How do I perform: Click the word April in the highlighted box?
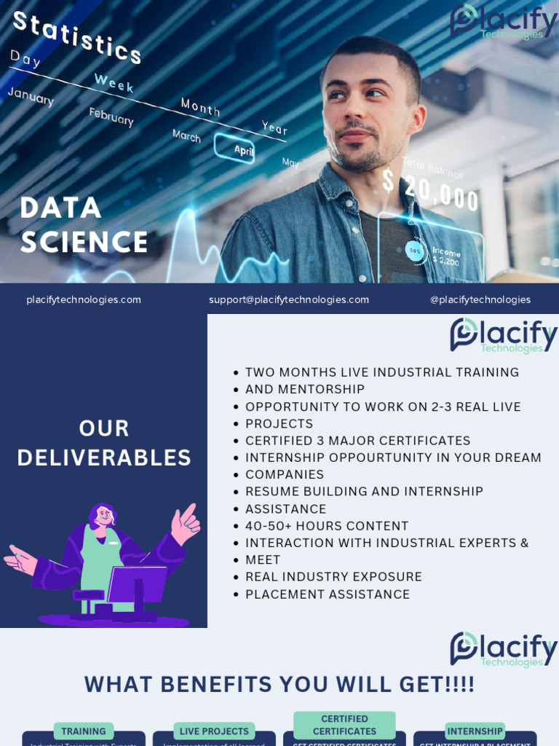click(x=243, y=150)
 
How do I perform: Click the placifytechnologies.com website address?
click(x=84, y=299)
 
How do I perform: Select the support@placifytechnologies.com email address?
click(x=289, y=299)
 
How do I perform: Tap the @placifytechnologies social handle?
click(x=480, y=299)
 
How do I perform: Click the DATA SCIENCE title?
click(x=84, y=225)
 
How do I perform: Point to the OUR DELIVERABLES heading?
click(x=104, y=443)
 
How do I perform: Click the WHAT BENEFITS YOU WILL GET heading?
click(x=279, y=685)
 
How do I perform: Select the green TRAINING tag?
click(x=84, y=731)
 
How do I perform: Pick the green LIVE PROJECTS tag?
click(x=214, y=731)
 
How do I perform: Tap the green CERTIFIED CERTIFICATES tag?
click(x=344, y=725)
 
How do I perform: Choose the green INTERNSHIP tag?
click(x=475, y=731)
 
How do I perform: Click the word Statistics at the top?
click(x=77, y=36)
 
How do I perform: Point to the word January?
click(x=31, y=95)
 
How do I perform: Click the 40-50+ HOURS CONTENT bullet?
click(x=327, y=526)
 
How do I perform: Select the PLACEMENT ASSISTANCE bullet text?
click(x=328, y=594)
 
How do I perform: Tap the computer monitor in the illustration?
click(x=138, y=583)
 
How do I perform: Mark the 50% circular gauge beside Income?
click(x=416, y=251)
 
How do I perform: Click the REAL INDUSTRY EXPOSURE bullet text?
click(x=333, y=577)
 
